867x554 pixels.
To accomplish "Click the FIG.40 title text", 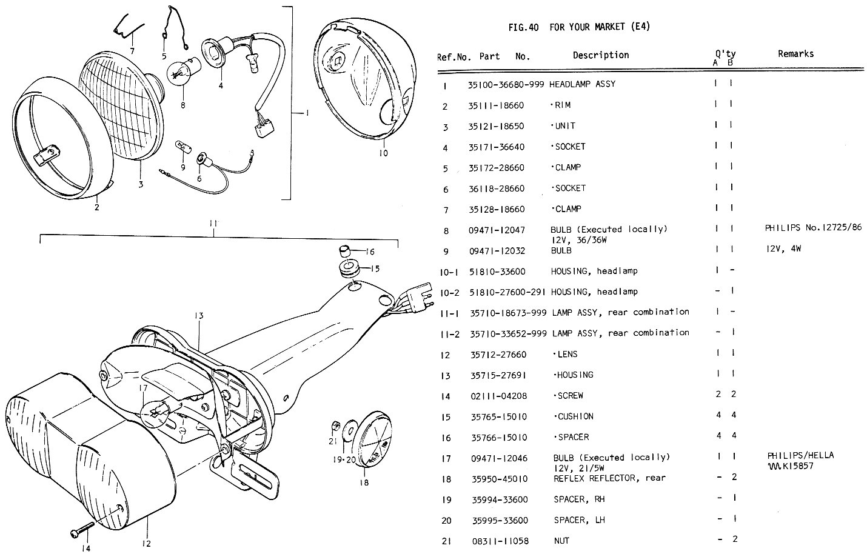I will coord(578,27).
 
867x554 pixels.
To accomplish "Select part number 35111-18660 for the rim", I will coord(496,105).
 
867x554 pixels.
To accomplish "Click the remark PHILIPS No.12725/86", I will coord(813,228).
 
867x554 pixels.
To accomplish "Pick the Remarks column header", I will coord(795,54).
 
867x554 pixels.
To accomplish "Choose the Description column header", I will coord(600,55).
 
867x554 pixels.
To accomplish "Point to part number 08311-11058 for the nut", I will coord(500,541).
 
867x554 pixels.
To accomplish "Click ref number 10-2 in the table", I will coord(449,292).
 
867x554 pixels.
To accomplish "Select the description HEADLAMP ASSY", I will coord(582,84).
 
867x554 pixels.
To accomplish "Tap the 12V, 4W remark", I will coord(783,249).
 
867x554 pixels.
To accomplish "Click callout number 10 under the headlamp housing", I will coord(383,153).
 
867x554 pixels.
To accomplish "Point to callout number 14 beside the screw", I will coord(85,548).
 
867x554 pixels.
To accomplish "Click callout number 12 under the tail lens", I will coord(146,544).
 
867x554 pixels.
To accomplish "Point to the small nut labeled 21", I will coord(334,424).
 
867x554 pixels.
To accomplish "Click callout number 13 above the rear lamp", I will coord(198,316).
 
